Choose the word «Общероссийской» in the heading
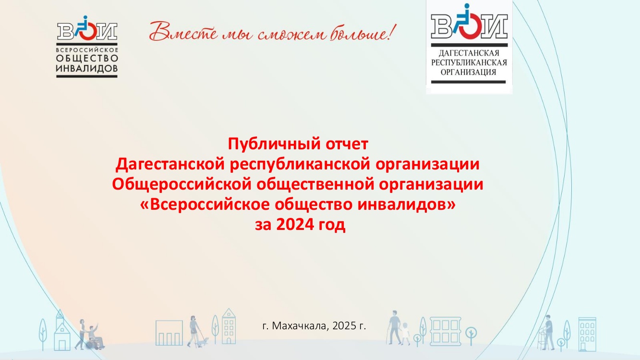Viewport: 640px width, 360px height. pyautogui.click(x=181, y=184)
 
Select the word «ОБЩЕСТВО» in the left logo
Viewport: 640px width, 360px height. pyautogui.click(x=87, y=59)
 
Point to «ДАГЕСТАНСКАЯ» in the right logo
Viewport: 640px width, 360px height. pyautogui.click(x=469, y=53)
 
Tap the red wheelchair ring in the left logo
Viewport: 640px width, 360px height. pyautogui.click(x=88, y=32)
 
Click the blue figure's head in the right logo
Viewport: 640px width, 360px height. pyautogui.click(x=467, y=6)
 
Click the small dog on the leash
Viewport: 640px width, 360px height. pyautogui.click(x=204, y=342)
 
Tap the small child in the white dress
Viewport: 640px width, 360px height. pyautogui.click(x=405, y=334)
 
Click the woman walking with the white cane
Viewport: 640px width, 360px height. pyautogui.click(x=194, y=331)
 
